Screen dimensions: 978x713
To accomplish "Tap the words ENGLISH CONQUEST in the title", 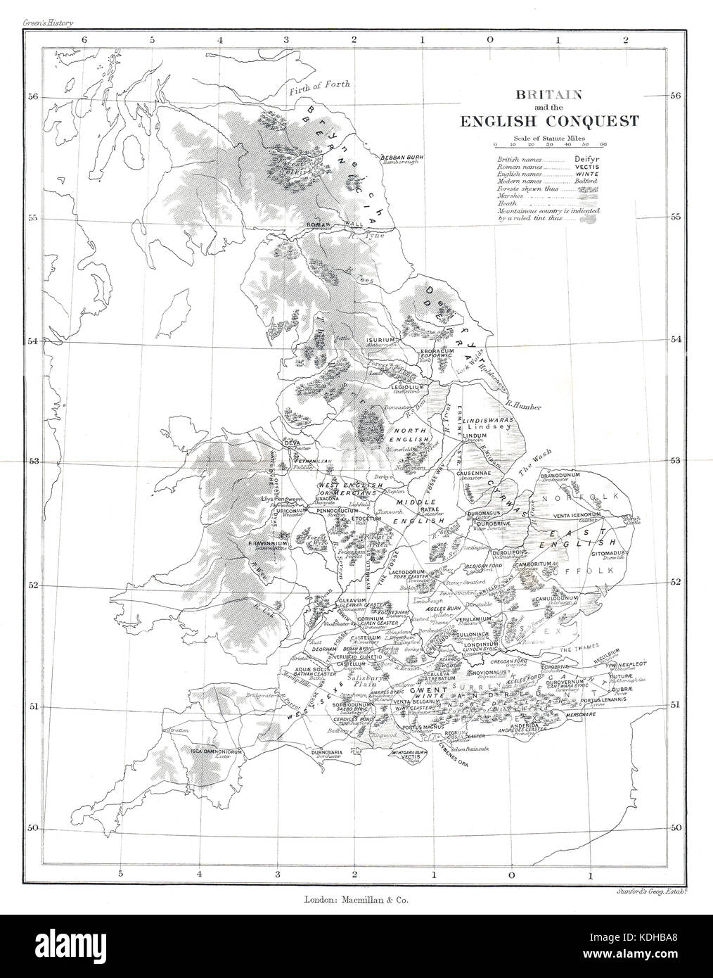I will pyautogui.click(x=549, y=120).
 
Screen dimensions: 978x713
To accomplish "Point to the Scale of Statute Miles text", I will pyautogui.click(x=549, y=136).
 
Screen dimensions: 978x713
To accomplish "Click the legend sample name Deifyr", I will pyautogui.click(x=584, y=160).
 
